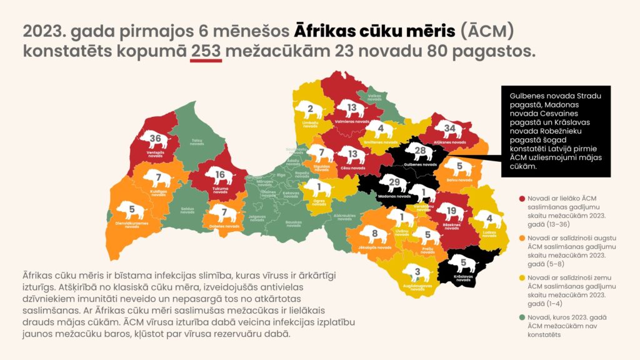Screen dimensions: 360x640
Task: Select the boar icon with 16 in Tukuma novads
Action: [219, 176]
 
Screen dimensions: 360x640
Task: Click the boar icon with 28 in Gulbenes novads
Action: [420, 152]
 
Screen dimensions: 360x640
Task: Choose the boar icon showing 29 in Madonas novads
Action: [394, 183]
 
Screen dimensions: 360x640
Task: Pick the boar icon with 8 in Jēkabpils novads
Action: [375, 235]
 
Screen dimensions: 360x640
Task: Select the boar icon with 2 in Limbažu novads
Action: [311, 111]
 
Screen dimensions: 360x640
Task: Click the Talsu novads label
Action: [197, 143]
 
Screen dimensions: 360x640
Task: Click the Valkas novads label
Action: [374, 97]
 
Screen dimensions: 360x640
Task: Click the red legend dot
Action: [521, 197]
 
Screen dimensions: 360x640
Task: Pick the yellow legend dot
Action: [521, 277]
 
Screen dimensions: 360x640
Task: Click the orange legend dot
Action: [521, 237]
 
